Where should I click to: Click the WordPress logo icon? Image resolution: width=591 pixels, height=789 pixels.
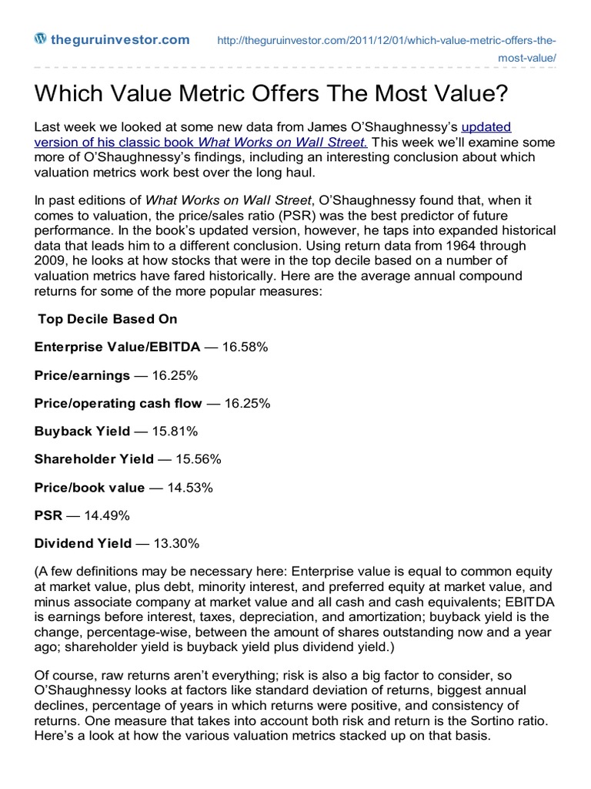click(x=41, y=39)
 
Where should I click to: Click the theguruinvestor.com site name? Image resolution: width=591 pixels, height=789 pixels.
click(x=119, y=40)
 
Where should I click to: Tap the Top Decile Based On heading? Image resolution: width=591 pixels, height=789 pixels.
click(x=98, y=319)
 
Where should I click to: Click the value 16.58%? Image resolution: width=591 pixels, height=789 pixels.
click(x=245, y=347)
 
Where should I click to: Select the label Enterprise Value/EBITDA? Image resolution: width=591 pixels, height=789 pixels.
click(x=117, y=347)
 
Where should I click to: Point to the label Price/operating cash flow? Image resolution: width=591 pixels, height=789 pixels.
click(x=119, y=403)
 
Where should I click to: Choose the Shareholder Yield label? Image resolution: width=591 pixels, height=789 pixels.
click(x=94, y=459)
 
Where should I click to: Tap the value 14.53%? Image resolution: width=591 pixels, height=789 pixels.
click(x=188, y=488)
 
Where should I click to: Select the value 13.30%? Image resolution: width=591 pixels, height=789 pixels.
click(x=176, y=543)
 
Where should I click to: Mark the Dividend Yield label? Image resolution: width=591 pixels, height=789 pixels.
click(x=83, y=543)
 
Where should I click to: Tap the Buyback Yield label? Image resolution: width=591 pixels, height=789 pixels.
click(x=82, y=431)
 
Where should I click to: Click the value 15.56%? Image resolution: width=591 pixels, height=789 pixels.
click(x=199, y=459)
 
